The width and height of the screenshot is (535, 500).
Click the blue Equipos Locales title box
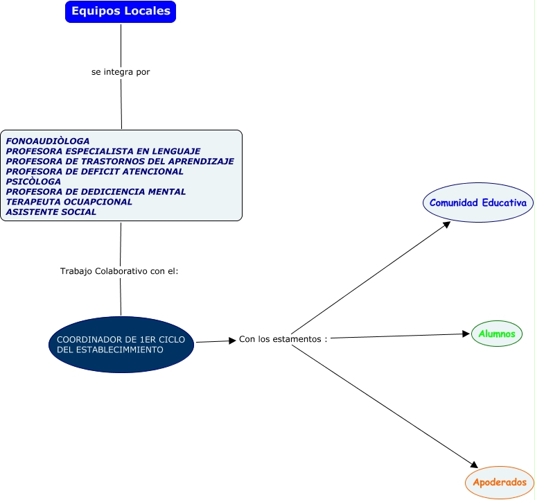pos(121,12)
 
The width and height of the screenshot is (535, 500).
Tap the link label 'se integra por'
pos(121,72)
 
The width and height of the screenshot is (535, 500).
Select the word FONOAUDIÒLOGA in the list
pos(48,141)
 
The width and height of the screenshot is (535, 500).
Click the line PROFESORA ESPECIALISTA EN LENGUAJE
pos(103,151)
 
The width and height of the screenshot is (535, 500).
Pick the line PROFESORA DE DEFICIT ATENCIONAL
pos(94,171)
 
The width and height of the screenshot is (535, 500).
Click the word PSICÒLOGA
pos(33,182)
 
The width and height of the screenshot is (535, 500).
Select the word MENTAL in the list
pos(167,191)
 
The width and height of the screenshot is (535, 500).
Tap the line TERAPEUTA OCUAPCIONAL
pos(69,202)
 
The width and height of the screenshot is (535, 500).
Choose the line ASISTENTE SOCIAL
pos(51,212)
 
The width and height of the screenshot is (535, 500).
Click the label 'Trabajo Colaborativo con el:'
pos(119,271)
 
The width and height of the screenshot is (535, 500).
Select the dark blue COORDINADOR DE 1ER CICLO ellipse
pos(121,345)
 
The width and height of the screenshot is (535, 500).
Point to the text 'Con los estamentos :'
pos(283,339)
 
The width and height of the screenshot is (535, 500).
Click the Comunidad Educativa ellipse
pos(478,202)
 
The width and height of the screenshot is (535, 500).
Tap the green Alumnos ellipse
pos(497,334)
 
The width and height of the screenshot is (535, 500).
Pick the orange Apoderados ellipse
pos(500,482)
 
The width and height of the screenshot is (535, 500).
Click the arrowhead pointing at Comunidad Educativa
pos(447,225)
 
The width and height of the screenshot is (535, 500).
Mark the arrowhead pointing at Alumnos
pos(466,334)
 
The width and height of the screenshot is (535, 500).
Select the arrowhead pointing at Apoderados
pos(474,465)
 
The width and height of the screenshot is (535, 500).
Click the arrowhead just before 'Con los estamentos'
pos(232,340)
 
